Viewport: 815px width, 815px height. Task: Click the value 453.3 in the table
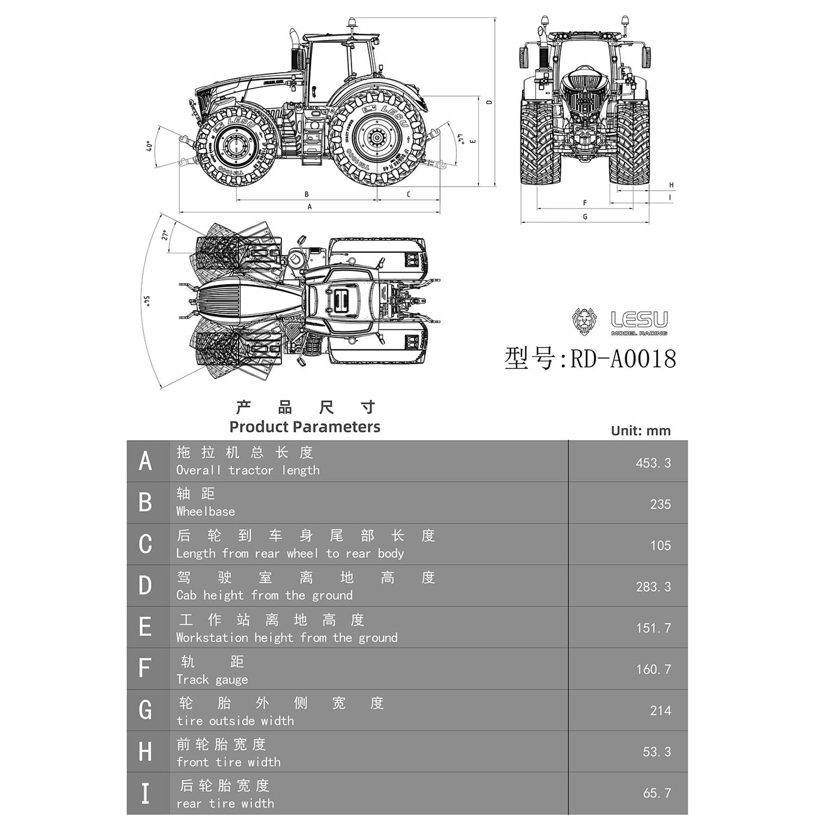coord(653,463)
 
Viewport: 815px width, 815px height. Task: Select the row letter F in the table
coord(145,668)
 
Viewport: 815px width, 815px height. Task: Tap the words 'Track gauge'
coord(212,680)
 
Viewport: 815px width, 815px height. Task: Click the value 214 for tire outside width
coord(660,711)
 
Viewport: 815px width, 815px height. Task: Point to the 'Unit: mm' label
coord(641,431)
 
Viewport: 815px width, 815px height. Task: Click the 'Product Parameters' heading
coord(305,427)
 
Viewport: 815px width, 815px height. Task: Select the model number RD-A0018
coord(623,359)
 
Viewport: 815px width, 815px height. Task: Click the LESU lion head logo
coord(584,321)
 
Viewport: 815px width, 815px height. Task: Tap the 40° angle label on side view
coord(149,146)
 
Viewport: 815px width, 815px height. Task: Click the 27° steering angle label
coord(165,235)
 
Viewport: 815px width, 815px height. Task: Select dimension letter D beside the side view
coord(490,102)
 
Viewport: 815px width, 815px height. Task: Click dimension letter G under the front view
coord(585,217)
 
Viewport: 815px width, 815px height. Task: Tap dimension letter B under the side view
coord(306,195)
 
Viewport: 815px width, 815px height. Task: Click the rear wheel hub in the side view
coord(376,138)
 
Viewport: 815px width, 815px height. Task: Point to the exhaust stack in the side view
coord(294,45)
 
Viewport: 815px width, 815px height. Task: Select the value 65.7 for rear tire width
coord(657,793)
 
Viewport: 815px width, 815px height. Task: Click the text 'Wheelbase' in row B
coord(205,512)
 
